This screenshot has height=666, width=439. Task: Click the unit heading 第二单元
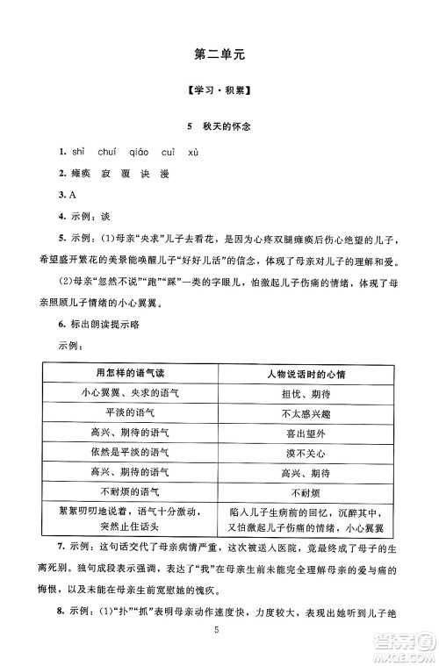point(219,55)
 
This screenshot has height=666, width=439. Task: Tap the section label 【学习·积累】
point(219,94)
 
